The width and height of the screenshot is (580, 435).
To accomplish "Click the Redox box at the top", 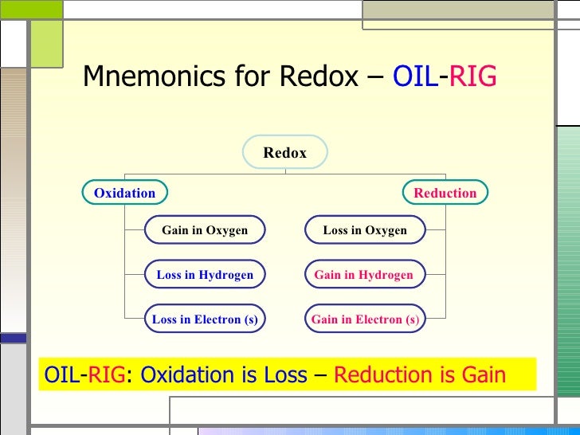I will click(284, 153).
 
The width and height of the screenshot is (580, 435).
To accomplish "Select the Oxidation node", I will click(125, 193).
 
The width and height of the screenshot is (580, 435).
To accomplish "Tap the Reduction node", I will click(445, 193).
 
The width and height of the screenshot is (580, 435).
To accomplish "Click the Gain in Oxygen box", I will click(205, 230).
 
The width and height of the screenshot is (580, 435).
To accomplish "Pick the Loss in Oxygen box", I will click(365, 230).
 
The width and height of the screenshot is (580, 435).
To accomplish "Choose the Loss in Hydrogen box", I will click(205, 275).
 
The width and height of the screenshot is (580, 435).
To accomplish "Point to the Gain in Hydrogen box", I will click(364, 275).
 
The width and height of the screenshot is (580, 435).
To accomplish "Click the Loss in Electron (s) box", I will click(205, 319).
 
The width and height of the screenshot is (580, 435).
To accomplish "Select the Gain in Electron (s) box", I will click(365, 319).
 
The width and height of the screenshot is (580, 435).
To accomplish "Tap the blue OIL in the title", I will click(415, 76).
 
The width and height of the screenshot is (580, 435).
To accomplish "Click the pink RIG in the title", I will click(472, 76).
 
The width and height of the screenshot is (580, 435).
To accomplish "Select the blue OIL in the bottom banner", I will click(61, 375).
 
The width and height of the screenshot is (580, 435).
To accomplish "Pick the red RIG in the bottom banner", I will click(106, 375).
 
